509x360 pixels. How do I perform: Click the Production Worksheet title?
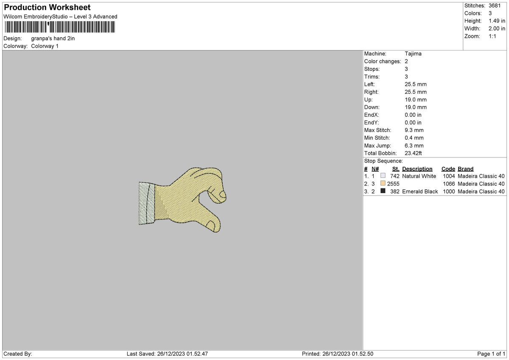(x=47, y=7)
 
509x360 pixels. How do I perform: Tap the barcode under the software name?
(x=60, y=27)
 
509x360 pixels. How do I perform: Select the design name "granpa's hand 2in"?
(x=53, y=39)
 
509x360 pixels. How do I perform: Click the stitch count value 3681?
(x=495, y=6)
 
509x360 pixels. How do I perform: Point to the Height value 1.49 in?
(x=497, y=21)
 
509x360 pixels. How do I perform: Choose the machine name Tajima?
(x=413, y=53)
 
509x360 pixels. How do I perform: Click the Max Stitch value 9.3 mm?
(x=414, y=130)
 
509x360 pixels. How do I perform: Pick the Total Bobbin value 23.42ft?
(x=413, y=153)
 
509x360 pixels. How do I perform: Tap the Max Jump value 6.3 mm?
(x=414, y=146)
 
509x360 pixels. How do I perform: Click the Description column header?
(x=417, y=169)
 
